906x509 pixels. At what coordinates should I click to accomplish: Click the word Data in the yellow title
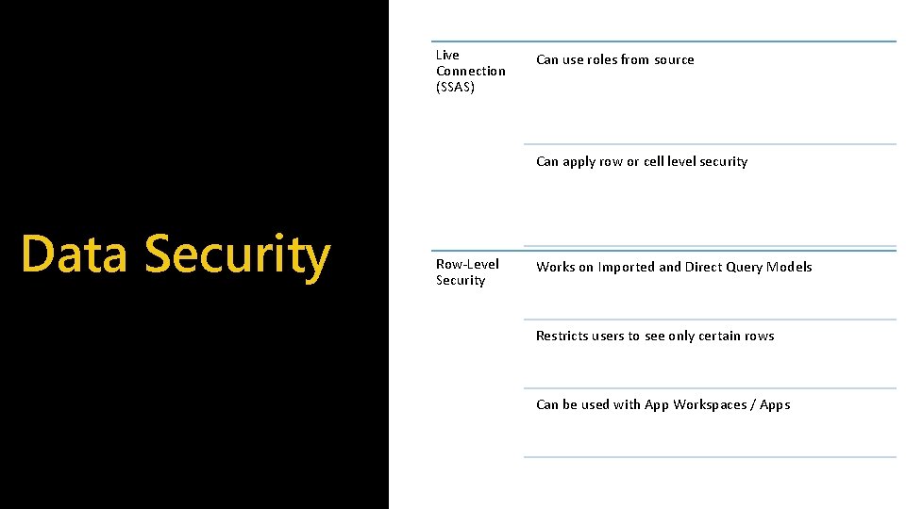click(74, 254)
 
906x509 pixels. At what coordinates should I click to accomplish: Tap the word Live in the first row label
click(447, 55)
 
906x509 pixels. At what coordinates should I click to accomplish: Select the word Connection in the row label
click(470, 71)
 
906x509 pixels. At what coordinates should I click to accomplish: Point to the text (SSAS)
click(455, 88)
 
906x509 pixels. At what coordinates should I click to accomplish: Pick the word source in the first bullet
click(674, 59)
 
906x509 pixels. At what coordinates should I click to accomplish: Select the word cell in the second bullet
click(654, 161)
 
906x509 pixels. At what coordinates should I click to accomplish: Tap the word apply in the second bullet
click(580, 162)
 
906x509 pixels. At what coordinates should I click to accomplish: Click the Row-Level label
click(467, 264)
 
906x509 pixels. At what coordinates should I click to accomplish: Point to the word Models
click(790, 267)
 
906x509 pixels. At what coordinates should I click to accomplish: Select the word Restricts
click(562, 336)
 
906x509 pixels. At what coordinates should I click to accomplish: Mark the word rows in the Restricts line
click(760, 336)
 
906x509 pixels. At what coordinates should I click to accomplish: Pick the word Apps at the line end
click(775, 405)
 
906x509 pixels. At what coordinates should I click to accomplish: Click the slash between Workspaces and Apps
click(752, 404)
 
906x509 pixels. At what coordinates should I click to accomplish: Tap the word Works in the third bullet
click(555, 267)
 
